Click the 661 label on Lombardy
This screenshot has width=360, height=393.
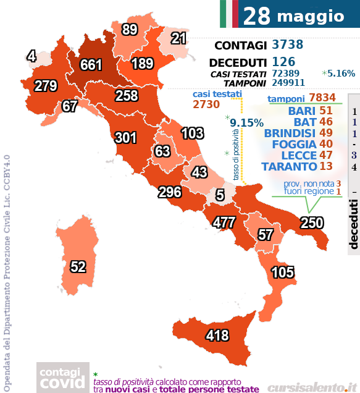coord(91,65)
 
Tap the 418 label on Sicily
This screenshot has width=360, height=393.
coord(217,336)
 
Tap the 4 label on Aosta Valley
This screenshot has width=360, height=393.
coord(31,57)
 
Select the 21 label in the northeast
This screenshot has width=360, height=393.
coord(178,39)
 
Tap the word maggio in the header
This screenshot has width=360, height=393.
coord(310,16)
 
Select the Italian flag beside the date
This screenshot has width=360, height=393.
coord(228,14)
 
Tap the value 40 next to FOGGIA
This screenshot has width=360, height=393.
coord(327,144)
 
